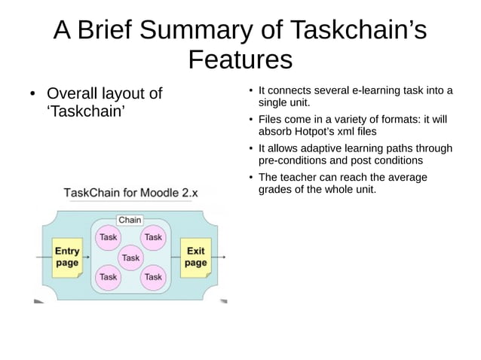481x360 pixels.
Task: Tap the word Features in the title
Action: click(x=240, y=59)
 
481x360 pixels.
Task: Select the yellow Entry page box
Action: click(x=66, y=257)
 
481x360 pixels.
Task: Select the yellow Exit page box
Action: click(x=195, y=257)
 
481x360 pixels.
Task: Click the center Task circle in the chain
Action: click(x=131, y=258)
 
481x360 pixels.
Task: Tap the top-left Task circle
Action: click(x=109, y=237)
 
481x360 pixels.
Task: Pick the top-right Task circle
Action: click(x=153, y=237)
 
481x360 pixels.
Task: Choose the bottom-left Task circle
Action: click(x=109, y=277)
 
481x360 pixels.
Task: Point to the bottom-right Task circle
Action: click(x=153, y=277)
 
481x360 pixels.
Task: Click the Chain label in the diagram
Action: click(x=130, y=220)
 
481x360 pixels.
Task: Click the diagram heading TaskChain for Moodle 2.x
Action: click(x=130, y=193)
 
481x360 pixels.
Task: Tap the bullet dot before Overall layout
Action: click(x=32, y=96)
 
